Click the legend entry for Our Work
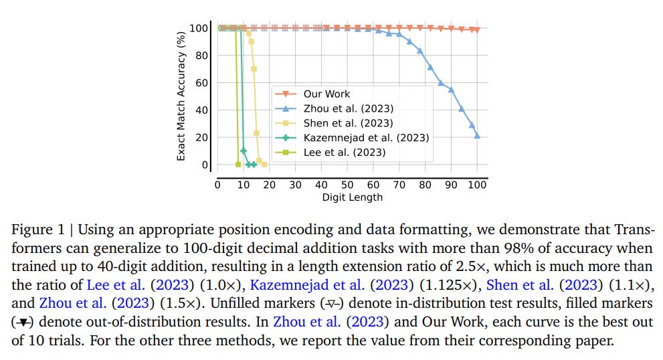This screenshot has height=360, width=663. point(326,94)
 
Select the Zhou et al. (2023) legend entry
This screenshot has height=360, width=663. point(348,108)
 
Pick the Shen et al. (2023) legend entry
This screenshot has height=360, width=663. point(348,123)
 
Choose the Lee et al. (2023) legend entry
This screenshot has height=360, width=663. point(344,152)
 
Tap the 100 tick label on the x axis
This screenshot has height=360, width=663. point(477,184)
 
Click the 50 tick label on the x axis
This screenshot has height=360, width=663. point(347,184)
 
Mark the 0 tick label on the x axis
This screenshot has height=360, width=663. point(217,184)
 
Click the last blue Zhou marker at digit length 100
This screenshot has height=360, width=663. point(477,135)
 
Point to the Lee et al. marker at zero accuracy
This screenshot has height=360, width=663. point(238,165)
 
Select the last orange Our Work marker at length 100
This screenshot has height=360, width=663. point(477,30)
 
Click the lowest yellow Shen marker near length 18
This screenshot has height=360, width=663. point(264,165)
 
